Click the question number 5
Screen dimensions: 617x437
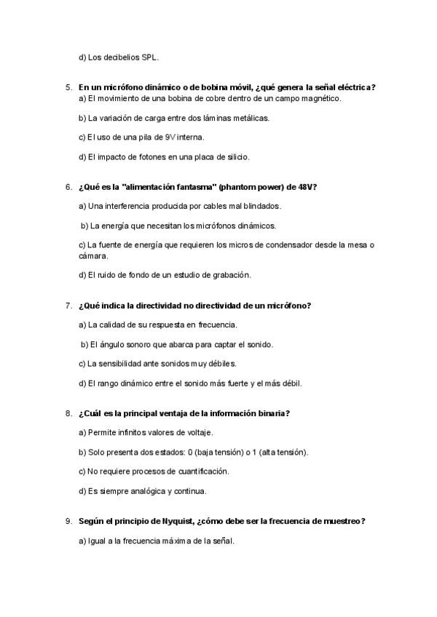pos(68,88)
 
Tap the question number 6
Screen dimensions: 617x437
pos(68,187)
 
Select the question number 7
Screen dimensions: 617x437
pos(68,306)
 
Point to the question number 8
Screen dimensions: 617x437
pos(68,414)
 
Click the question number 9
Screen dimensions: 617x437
pos(68,522)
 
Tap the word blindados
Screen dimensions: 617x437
pos(259,207)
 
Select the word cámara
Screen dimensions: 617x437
pos(92,255)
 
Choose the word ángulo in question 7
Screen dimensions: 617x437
pos(111,344)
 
